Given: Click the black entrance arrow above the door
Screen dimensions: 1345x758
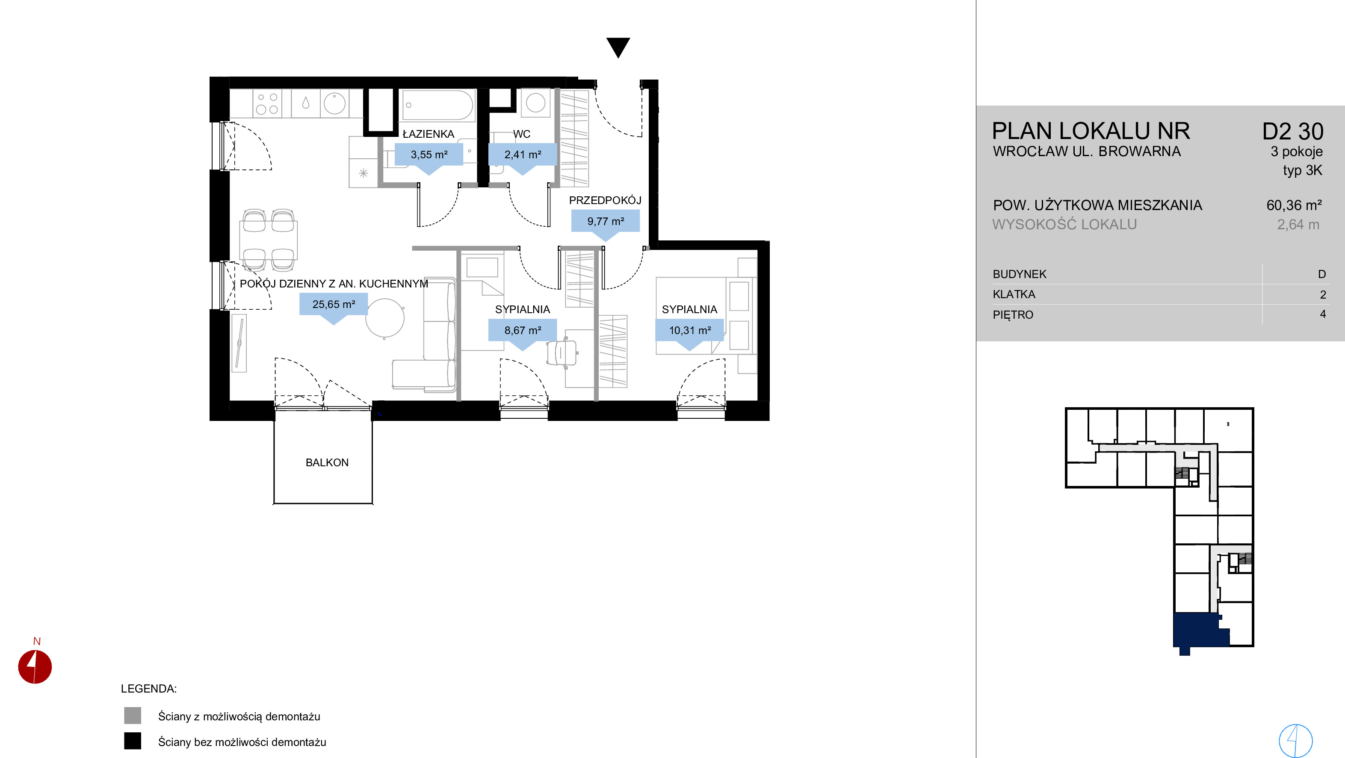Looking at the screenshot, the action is (618, 47).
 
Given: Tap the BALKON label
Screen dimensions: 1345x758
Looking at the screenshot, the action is (327, 462).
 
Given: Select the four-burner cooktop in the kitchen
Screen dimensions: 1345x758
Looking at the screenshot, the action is (267, 104).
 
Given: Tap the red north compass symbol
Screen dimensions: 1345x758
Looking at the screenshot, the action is (35, 666).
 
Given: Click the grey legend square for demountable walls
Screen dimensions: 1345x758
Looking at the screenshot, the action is (133, 716).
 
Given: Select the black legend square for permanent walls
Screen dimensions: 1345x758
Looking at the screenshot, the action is (133, 741).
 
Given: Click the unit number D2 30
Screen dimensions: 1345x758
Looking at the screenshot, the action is (1292, 132).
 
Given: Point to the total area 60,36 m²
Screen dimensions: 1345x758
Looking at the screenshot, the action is (1294, 205).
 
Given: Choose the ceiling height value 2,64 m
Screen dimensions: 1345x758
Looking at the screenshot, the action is (1298, 225).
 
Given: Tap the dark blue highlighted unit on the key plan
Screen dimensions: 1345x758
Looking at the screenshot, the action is (1198, 631).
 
